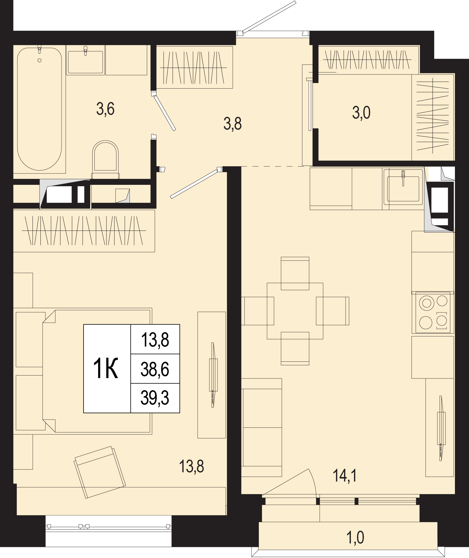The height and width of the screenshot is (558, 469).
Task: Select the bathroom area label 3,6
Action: pyautogui.click(x=105, y=109)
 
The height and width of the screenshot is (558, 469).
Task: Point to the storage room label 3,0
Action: pyautogui.click(x=361, y=113)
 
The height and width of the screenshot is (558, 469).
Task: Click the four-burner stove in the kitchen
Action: pyautogui.click(x=433, y=312)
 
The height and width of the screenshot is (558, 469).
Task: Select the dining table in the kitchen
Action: pyautogui.click(x=295, y=311)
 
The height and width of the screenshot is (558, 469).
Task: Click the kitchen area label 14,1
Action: pyautogui.click(x=345, y=476)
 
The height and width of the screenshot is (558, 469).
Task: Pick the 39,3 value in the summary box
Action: pyautogui.click(x=155, y=398)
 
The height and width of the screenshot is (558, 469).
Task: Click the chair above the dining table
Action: pyautogui.click(x=295, y=273)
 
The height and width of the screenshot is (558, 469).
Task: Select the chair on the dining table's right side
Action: pyautogui.click(x=333, y=311)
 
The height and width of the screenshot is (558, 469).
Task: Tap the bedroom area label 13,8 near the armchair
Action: pyautogui.click(x=192, y=466)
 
